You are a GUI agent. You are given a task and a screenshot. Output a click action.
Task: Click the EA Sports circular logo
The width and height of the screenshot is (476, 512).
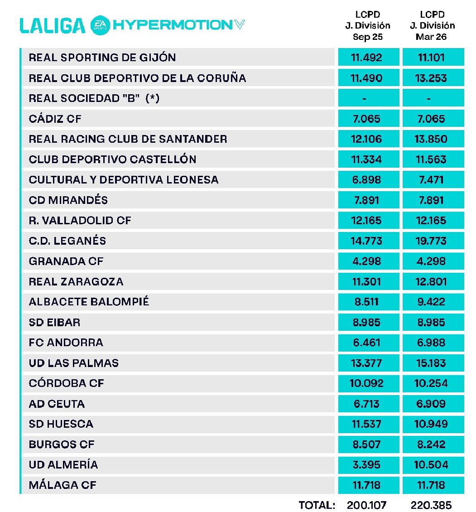(99, 25)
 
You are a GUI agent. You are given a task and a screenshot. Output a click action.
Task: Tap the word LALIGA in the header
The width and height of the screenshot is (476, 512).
(52, 25)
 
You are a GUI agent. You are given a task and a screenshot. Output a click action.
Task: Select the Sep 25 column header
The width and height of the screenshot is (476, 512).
(368, 26)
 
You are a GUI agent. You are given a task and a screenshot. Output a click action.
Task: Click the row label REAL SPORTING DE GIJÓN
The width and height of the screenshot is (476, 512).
(102, 58)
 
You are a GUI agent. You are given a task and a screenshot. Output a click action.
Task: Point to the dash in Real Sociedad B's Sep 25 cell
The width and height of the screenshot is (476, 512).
(368, 98)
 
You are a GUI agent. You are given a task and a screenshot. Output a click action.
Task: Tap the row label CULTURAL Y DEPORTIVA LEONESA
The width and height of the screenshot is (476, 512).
(124, 180)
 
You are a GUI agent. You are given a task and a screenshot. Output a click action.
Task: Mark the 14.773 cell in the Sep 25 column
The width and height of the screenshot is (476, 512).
(368, 241)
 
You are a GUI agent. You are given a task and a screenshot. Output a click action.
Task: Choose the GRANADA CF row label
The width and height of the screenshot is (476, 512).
(66, 261)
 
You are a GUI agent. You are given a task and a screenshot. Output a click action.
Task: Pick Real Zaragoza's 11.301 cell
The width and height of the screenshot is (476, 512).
(368, 281)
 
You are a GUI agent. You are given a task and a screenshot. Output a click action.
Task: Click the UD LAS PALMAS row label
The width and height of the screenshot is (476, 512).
(74, 363)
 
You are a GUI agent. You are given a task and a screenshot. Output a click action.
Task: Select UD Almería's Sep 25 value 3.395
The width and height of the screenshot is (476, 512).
(368, 464)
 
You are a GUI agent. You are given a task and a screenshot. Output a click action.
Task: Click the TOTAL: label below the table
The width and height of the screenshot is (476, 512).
(317, 505)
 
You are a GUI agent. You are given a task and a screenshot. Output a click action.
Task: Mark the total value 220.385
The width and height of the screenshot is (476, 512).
(431, 505)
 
